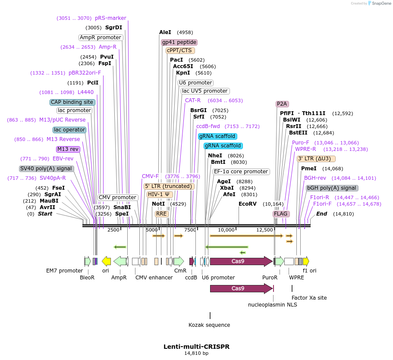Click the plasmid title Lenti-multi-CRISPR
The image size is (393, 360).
point(196,347)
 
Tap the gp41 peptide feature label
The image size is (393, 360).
point(179,42)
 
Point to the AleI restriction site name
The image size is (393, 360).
point(165,32)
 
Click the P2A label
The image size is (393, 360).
point(282,104)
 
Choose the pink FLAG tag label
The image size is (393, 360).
point(281,214)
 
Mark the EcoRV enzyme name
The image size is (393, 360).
point(248,204)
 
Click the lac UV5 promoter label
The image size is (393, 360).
point(205,91)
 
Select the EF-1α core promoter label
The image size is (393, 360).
point(241,172)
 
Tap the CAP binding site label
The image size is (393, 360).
point(72,102)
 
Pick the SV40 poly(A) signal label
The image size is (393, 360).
point(47,169)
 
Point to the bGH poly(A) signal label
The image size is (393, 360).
point(332,188)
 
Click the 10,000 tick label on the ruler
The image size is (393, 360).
point(226,230)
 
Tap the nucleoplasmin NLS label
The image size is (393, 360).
point(273,305)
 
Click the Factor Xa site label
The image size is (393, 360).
point(309,297)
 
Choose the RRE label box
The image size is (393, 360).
point(161,214)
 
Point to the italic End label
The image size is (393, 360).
point(322,214)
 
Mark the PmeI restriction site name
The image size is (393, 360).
point(308,169)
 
